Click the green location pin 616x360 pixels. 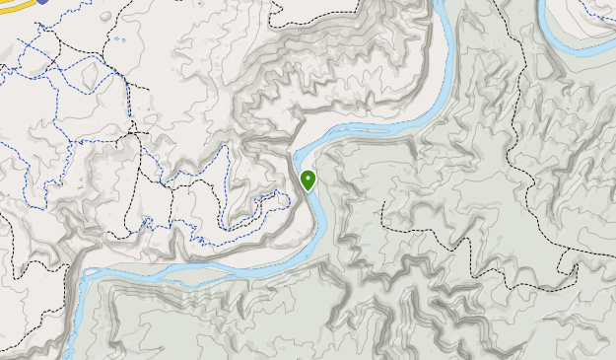tap(308, 180)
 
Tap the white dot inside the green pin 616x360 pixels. tap(308, 178)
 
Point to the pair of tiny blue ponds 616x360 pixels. tap(117, 39)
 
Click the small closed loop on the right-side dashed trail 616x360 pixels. tap(566, 267)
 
